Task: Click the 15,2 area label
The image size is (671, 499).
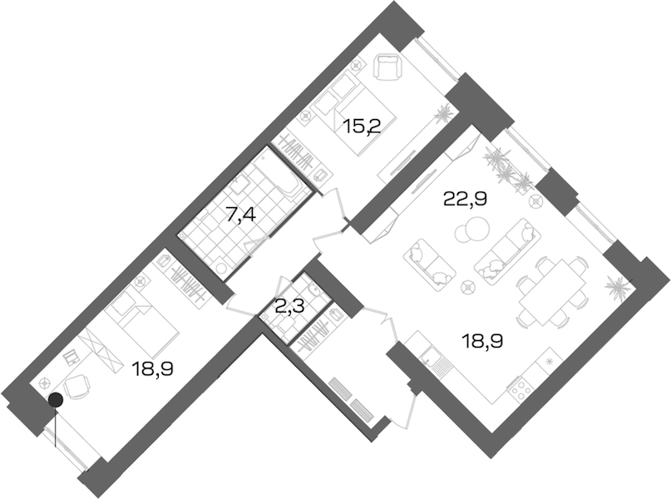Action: point(363,126)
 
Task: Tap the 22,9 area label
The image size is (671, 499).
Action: point(466,199)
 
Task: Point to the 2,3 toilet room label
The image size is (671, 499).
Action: point(289,307)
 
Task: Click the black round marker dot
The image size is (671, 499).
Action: point(56,400)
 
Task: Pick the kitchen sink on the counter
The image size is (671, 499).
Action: point(433,360)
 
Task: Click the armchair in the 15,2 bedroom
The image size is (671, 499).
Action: point(387,67)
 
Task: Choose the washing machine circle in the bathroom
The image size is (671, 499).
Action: point(223,269)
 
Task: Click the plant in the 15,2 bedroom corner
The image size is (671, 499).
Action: point(442,113)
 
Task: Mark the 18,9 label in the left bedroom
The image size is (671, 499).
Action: point(152,368)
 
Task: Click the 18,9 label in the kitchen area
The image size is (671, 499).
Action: point(482,341)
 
